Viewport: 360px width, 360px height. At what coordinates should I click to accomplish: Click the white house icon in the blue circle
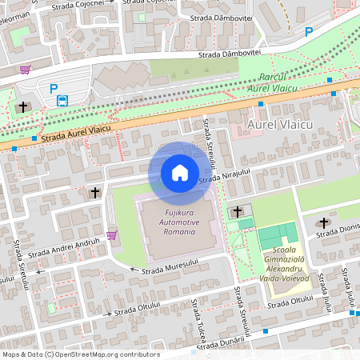coord(180,173)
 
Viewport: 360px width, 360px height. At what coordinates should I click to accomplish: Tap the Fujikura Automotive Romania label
coord(180,222)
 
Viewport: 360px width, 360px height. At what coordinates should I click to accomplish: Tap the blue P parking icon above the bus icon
coord(54,89)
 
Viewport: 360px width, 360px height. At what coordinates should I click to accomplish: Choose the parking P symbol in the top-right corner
coord(309,32)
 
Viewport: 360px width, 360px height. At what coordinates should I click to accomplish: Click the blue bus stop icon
coord(62,101)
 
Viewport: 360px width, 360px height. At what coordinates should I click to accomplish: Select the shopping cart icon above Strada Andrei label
coord(111,234)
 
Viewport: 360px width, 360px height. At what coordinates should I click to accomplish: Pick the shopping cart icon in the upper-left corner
coord(26,70)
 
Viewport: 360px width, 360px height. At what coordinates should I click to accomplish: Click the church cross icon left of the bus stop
coord(23,106)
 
